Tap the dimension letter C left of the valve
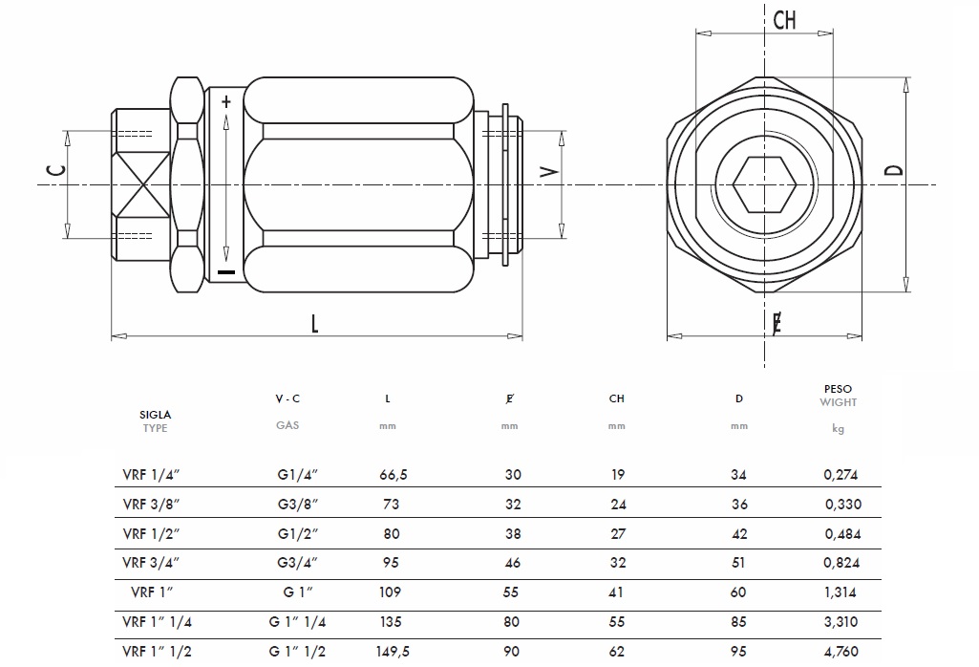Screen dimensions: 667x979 pyautogui.click(x=56, y=171)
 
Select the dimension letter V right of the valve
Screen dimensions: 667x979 pyautogui.click(x=547, y=172)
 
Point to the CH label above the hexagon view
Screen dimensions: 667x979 pyautogui.click(x=784, y=20)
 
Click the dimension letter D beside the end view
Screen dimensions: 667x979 pyautogui.click(x=893, y=171)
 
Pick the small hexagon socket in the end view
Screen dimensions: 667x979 pyautogui.click(x=764, y=183)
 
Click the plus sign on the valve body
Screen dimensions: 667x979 pyautogui.click(x=225, y=100)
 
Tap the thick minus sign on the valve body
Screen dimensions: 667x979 pyautogui.click(x=225, y=273)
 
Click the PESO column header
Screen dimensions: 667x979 pyautogui.click(x=838, y=389)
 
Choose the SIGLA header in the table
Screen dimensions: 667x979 pyautogui.click(x=155, y=415)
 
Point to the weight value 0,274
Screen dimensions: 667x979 pyautogui.click(x=841, y=475)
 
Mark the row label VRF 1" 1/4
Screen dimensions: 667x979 pyautogui.click(x=158, y=622)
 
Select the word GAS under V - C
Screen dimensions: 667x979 pyautogui.click(x=287, y=425)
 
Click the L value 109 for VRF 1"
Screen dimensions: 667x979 pyautogui.click(x=390, y=592)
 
